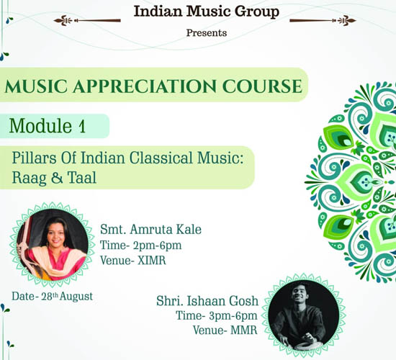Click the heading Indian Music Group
click(207, 12)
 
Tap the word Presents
click(207, 33)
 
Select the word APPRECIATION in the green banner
click(145, 86)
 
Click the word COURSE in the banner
click(262, 86)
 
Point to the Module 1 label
click(48, 125)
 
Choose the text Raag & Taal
click(54, 177)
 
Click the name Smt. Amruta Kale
click(150, 230)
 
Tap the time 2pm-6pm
click(158, 246)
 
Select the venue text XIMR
click(152, 261)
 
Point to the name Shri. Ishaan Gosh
click(207, 301)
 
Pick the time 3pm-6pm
click(233, 316)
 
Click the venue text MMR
click(243, 330)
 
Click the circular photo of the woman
click(53, 245)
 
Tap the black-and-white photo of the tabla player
click(304, 315)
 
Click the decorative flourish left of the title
click(87, 20)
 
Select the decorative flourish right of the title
click(323, 20)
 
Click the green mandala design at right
click(351, 182)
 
